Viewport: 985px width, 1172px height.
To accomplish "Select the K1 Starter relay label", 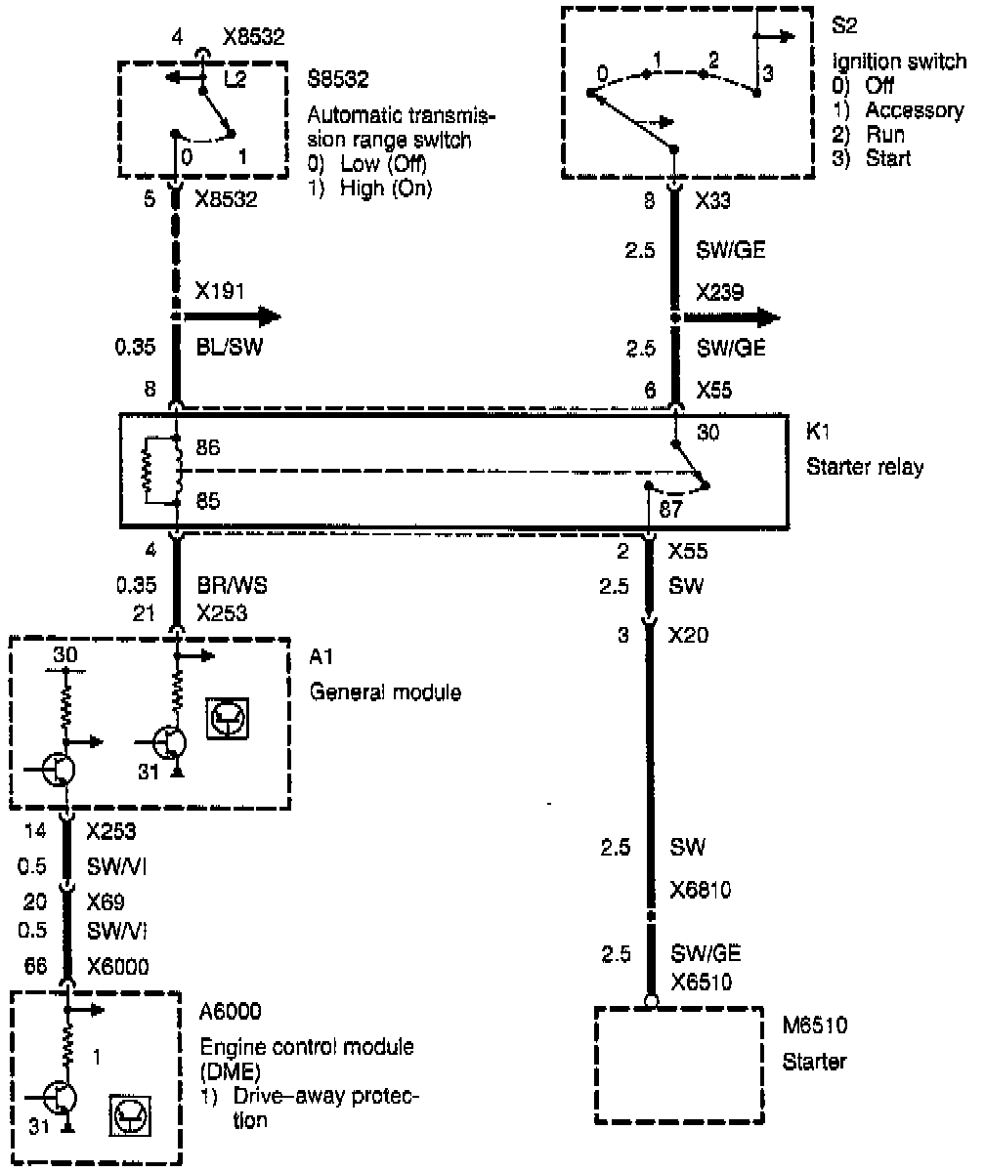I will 864,454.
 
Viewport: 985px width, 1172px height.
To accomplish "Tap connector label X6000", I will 116,966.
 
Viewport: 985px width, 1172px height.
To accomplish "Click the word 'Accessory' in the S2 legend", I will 914,110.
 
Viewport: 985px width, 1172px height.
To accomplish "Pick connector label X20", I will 689,636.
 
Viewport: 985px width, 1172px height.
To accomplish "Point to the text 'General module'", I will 385,692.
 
